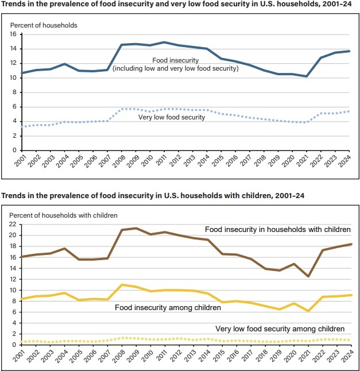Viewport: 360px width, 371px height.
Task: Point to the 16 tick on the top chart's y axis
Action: tap(12, 34)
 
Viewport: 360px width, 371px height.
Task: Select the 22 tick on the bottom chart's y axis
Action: tap(12, 225)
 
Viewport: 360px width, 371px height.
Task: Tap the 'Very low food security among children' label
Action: tap(280, 329)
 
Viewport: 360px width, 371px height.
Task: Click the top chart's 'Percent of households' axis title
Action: tap(44, 25)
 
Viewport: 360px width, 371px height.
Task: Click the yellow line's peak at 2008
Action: tap(122, 285)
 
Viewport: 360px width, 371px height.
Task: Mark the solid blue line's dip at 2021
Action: tap(307, 76)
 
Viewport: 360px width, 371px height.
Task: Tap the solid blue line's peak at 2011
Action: tap(165, 42)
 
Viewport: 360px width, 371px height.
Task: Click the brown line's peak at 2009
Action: tap(136, 228)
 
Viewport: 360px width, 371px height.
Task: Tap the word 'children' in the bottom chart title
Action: tap(265, 196)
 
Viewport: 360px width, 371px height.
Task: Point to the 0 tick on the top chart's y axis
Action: tap(14, 150)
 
